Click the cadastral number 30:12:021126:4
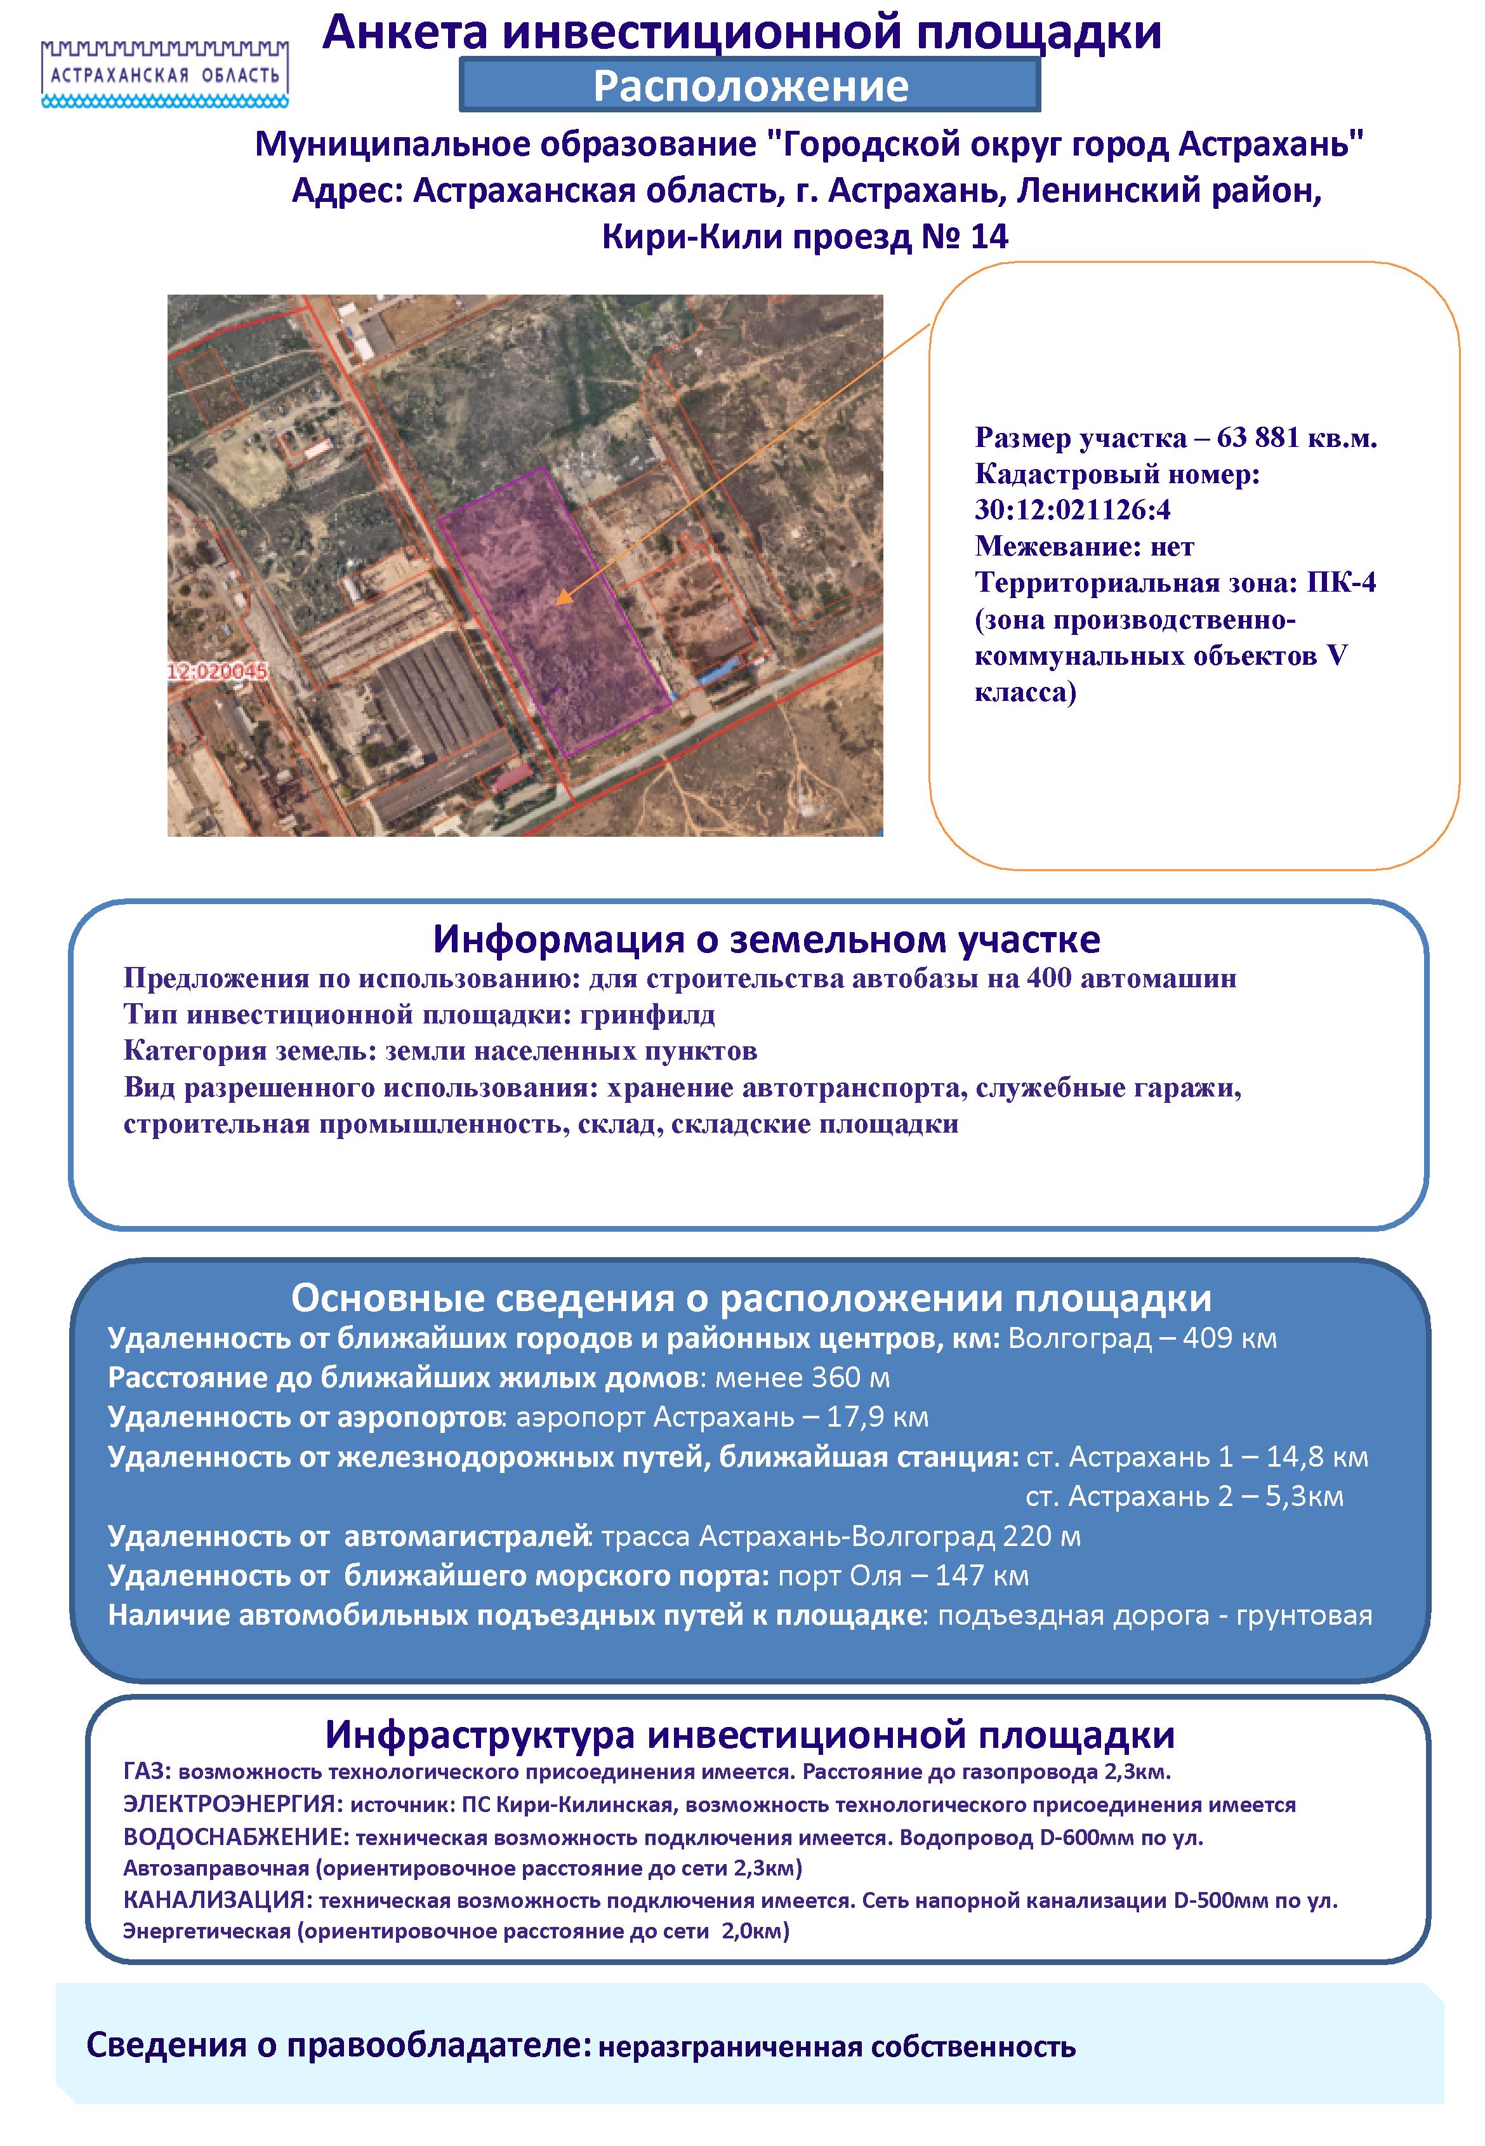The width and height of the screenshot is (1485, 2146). (x=1072, y=510)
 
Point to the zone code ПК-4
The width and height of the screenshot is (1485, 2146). (x=1341, y=583)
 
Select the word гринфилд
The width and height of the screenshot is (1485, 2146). (x=647, y=1015)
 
